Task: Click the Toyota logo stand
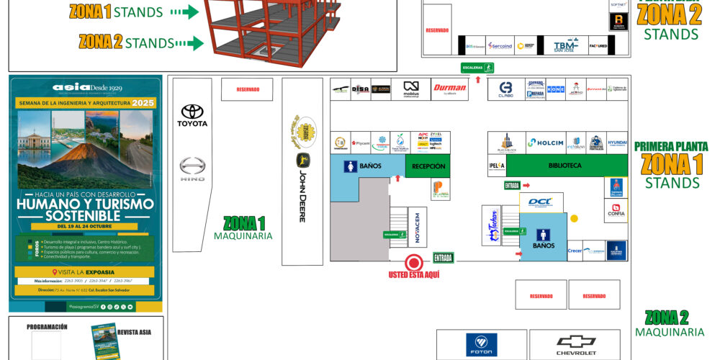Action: pos(192,115)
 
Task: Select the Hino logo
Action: pos(192,168)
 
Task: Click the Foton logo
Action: pos(481,345)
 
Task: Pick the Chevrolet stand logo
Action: pos(577,345)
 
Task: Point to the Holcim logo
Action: pos(545,143)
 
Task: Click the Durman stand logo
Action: pos(450,89)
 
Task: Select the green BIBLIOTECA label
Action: pos(564,166)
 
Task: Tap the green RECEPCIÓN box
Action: pos(428,166)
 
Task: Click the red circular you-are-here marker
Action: pos(413,262)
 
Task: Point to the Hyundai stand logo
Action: pos(617,143)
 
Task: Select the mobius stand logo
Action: pos(411,89)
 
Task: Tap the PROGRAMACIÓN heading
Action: pos(47,327)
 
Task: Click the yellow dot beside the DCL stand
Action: pos(574,218)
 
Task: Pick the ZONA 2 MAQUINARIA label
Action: pos(669,323)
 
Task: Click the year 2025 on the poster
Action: pos(143,103)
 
